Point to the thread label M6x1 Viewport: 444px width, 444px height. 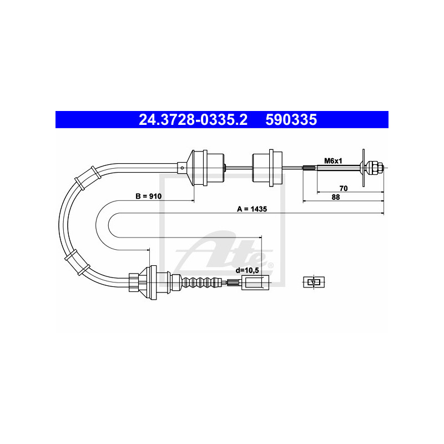(x=333, y=161)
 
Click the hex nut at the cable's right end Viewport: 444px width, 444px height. (x=373, y=166)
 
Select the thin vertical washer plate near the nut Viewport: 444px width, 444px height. (x=362, y=166)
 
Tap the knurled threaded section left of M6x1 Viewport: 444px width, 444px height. (x=309, y=166)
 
